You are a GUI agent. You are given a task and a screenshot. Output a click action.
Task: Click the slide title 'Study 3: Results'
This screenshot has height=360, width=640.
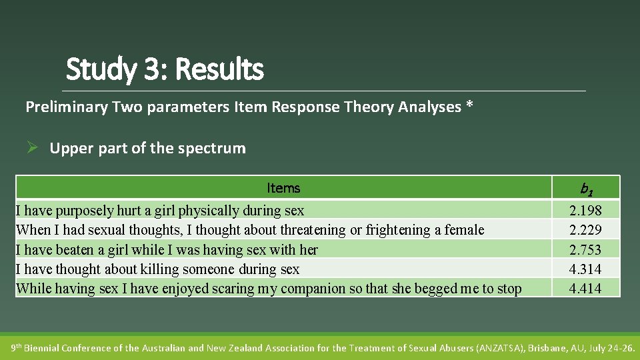click(165, 69)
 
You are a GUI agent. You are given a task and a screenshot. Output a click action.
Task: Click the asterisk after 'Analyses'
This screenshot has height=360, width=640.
click(470, 106)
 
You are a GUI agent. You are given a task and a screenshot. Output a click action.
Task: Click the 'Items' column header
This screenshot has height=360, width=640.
click(283, 188)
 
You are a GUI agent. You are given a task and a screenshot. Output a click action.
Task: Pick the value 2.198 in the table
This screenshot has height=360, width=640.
click(585, 211)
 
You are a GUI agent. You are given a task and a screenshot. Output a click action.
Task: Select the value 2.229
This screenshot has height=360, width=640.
click(585, 230)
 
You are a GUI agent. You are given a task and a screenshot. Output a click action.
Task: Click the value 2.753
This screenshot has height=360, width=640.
click(585, 250)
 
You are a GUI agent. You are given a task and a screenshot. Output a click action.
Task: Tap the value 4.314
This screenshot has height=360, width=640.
click(585, 269)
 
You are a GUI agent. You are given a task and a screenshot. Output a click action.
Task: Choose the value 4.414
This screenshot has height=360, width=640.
click(585, 289)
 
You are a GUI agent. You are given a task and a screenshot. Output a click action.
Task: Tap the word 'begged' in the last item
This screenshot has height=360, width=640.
click(437, 289)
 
